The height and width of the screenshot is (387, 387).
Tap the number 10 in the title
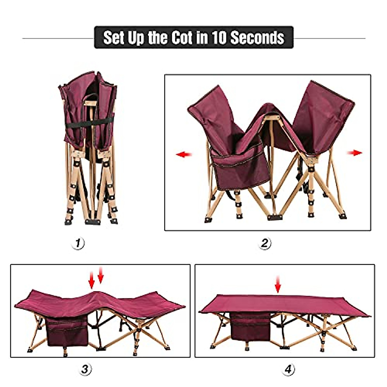219,38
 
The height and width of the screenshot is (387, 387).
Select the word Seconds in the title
257,38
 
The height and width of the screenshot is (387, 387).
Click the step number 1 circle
78,243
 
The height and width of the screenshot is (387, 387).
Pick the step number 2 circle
265,243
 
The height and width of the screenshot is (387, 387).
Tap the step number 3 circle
85,369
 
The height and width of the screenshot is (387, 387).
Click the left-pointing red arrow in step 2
184,155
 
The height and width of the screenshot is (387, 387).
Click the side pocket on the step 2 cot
240,169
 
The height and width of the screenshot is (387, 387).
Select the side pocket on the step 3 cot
68,332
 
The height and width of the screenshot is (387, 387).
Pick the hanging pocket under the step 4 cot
251,326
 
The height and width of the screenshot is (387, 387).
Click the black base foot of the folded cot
93,222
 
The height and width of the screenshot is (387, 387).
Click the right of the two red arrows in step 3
101,275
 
